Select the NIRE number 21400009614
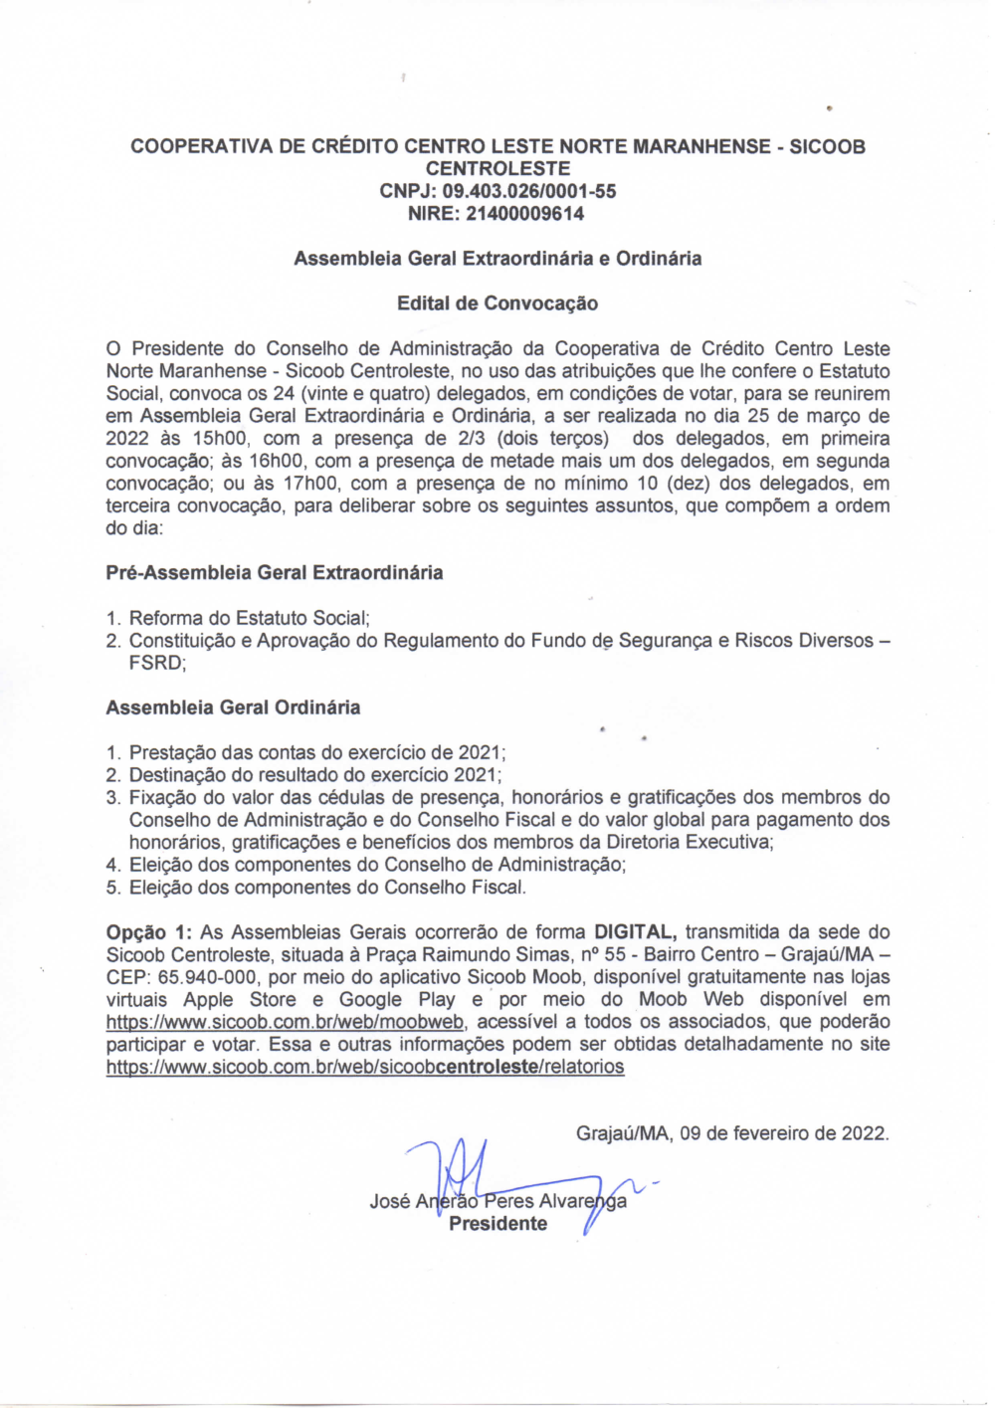coord(524,214)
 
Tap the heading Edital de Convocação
coord(497,303)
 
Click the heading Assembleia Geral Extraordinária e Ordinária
coord(497,259)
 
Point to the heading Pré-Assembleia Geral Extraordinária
coord(275,573)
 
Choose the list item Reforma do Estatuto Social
coord(250,618)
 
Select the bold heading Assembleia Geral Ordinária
coord(233,707)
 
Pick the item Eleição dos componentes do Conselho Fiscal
coord(327,888)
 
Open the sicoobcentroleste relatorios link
coord(365,1067)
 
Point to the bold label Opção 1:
coord(148,932)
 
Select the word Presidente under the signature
coord(497,1224)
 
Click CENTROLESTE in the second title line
coord(497,169)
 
